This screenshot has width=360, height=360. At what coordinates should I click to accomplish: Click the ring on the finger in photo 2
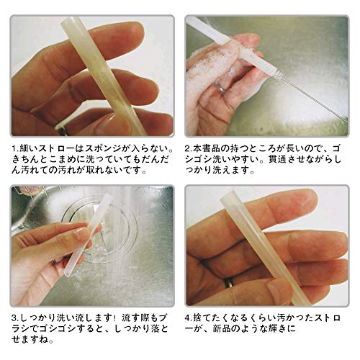(x=220, y=87)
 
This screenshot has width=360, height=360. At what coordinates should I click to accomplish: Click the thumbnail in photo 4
(x=279, y=291)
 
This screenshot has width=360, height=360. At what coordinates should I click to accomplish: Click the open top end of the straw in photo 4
(x=228, y=195)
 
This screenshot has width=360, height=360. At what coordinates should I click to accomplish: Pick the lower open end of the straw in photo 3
(x=68, y=273)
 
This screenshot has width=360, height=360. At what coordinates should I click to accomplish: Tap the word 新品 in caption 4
(x=222, y=329)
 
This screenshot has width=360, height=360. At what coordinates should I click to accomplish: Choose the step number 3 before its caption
(x=14, y=318)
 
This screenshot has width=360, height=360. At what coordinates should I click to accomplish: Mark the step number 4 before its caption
(x=188, y=318)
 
